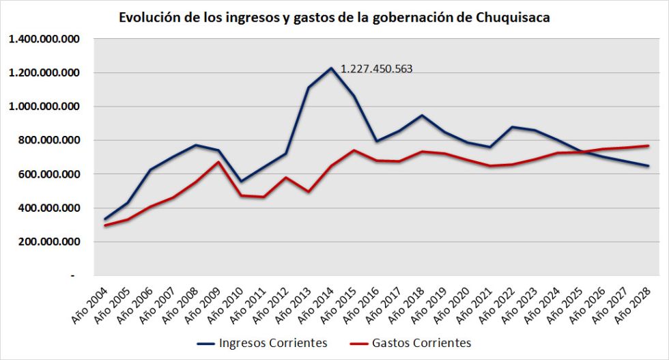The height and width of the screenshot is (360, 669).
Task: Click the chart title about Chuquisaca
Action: (334, 18)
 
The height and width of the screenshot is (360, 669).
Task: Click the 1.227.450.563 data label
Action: (376, 68)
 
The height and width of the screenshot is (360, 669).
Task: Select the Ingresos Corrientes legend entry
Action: (262, 342)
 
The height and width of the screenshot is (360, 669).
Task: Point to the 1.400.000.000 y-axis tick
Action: (43, 39)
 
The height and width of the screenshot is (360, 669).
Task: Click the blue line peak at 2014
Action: (331, 68)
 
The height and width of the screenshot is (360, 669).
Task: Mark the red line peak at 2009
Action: (218, 162)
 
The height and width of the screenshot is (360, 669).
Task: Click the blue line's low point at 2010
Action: (240, 181)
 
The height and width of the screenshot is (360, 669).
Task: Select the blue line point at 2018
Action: (422, 115)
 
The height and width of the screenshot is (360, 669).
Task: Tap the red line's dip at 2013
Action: (309, 191)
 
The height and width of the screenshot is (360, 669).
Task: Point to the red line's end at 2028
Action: (648, 146)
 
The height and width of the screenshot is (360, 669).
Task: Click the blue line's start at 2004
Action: (105, 219)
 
